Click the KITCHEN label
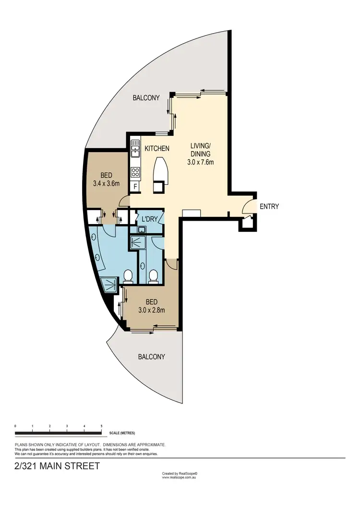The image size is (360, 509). click(x=157, y=149)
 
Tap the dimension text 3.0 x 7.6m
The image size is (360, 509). click(x=200, y=162)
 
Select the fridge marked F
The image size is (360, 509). click(x=135, y=186)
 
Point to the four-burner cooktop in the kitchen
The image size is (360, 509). click(x=135, y=172)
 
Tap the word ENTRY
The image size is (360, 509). click(x=269, y=207)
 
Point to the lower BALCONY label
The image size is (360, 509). click(x=151, y=357)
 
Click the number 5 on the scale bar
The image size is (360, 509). click(x=101, y=426)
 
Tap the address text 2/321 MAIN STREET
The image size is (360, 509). click(x=58, y=466)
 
